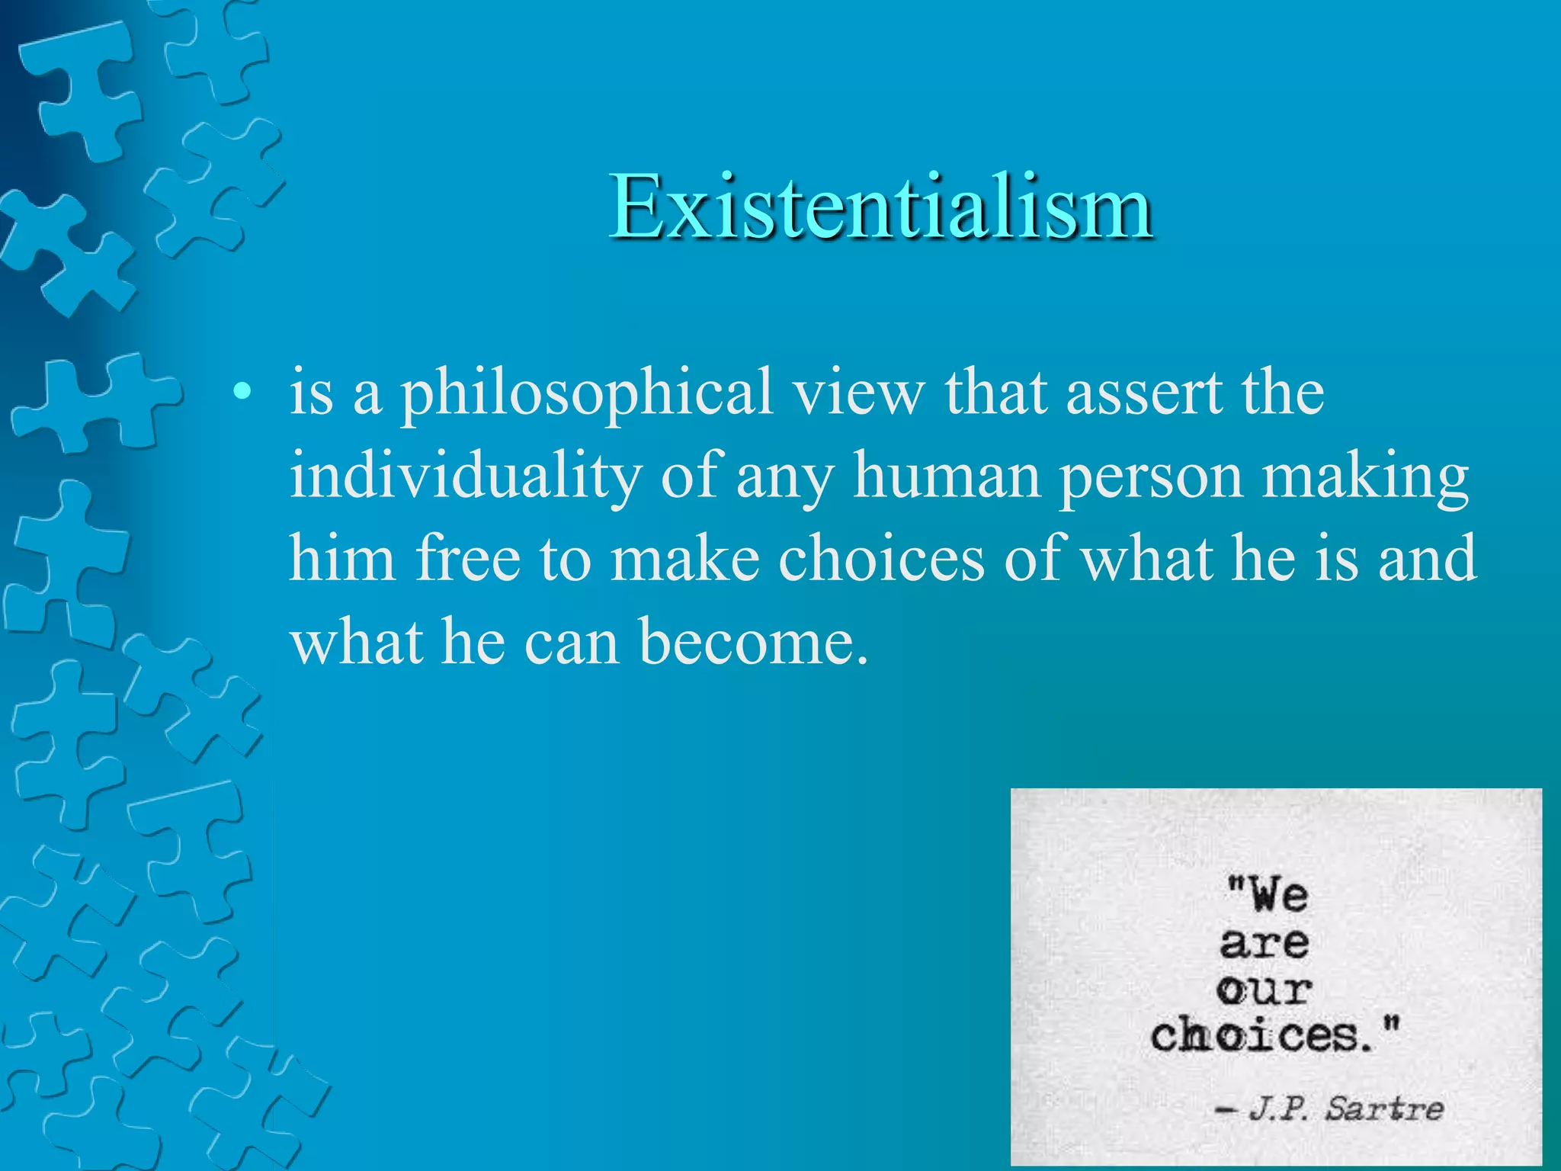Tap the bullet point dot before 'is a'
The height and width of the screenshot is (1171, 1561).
pyautogui.click(x=242, y=393)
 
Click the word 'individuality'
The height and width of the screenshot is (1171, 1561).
pyautogui.click(x=465, y=476)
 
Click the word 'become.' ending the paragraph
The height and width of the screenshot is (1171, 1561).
pyautogui.click(x=754, y=642)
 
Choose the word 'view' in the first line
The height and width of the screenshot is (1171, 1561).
pyautogui.click(x=857, y=393)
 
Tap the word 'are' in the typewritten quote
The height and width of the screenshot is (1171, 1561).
pyautogui.click(x=1265, y=944)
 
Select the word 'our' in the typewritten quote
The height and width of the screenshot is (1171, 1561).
pyautogui.click(x=1264, y=990)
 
